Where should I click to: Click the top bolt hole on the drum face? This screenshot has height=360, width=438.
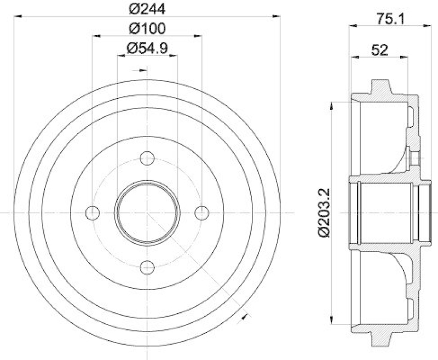click(x=147, y=159)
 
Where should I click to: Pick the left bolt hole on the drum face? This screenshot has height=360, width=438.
click(x=93, y=212)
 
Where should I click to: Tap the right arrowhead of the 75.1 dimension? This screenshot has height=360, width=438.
click(x=422, y=25)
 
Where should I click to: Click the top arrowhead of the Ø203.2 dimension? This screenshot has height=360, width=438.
click(x=332, y=104)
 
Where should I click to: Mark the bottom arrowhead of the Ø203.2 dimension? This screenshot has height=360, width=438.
click(x=332, y=320)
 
